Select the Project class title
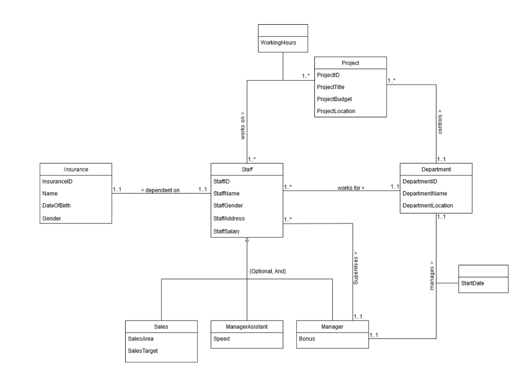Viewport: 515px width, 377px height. [x=351, y=63]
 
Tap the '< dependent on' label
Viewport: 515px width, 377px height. [x=160, y=190]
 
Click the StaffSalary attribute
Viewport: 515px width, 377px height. [x=226, y=231]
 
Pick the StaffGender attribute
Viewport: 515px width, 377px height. [x=228, y=205]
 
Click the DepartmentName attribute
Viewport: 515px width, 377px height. [x=425, y=193]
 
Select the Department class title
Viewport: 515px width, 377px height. [x=436, y=169]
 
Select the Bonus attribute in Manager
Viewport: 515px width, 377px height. [x=307, y=338]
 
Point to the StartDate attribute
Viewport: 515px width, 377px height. [x=472, y=283]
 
